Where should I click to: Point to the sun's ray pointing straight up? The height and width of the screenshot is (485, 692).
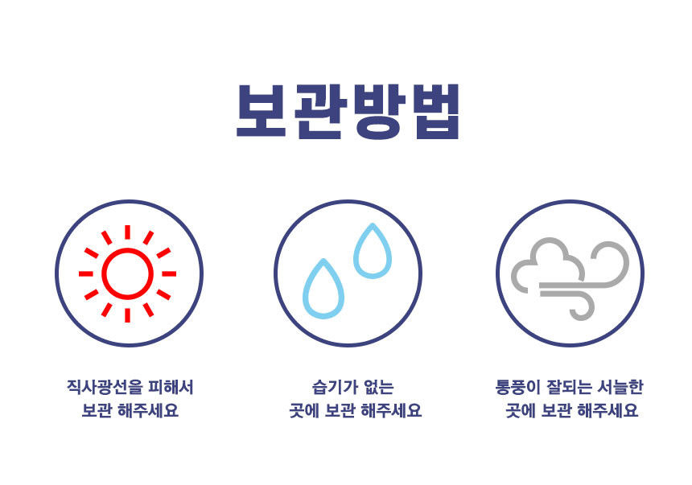[x=127, y=232]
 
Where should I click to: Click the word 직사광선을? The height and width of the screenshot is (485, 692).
[x=102, y=387]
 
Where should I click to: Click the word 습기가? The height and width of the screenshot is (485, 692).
[x=330, y=387]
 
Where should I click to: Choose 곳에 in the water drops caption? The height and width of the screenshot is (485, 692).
[x=305, y=411]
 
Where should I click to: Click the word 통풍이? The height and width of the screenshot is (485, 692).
[x=517, y=387]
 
